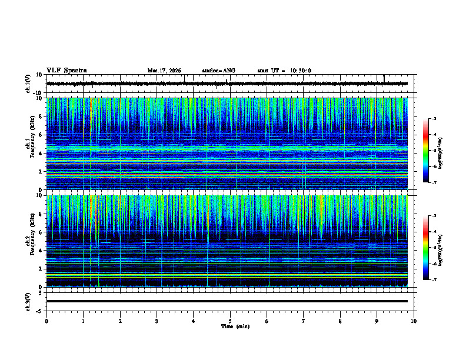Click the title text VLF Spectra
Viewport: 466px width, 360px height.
point(66,71)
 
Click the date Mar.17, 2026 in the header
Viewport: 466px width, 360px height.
point(164,71)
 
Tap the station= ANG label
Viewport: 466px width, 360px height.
point(218,71)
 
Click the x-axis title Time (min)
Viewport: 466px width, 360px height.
point(235,326)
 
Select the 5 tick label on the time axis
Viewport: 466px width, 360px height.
point(230,321)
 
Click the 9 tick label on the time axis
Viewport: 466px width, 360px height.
point(377,321)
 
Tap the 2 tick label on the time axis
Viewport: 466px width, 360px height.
point(120,321)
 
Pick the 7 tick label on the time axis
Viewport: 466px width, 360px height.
point(304,321)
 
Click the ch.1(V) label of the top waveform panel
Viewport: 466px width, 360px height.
point(28,84)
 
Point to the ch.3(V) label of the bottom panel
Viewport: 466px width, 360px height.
point(28,301)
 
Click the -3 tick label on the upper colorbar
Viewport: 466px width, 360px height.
point(433,119)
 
